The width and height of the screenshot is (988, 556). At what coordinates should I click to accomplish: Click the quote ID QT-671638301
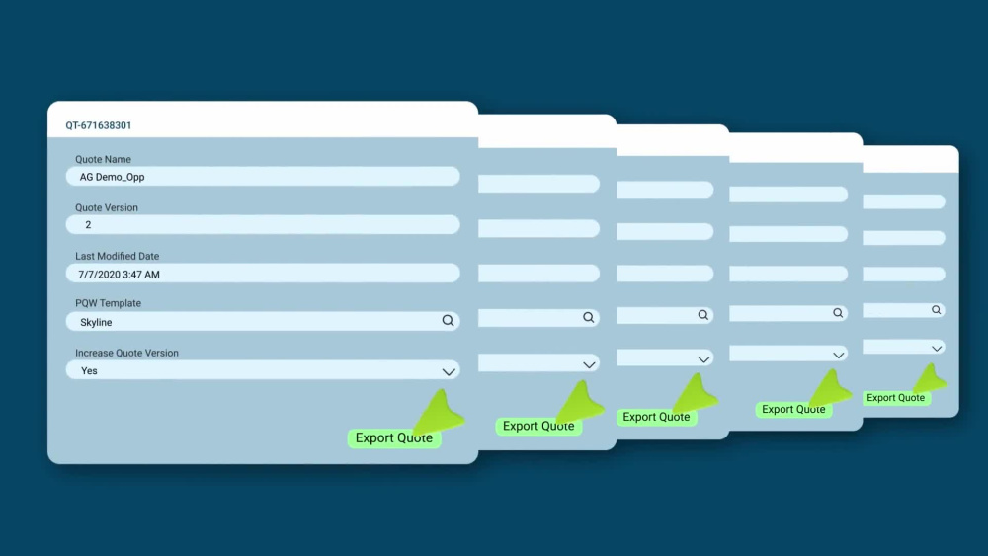pyautogui.click(x=98, y=125)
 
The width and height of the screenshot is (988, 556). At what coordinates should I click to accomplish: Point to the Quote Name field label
pyautogui.click(x=104, y=159)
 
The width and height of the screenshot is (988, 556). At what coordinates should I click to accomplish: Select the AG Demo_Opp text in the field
pyautogui.click(x=113, y=177)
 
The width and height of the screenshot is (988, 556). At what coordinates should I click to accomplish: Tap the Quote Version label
pyautogui.click(x=107, y=207)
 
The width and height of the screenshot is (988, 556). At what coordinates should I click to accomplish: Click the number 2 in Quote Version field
pyautogui.click(x=88, y=225)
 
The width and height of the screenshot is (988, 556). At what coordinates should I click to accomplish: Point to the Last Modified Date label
pyautogui.click(x=118, y=257)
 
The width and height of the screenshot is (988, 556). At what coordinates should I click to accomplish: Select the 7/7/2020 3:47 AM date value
pyautogui.click(x=120, y=275)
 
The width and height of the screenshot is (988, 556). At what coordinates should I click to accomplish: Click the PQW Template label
pyautogui.click(x=109, y=303)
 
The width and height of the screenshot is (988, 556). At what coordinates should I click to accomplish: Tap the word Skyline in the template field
pyautogui.click(x=96, y=322)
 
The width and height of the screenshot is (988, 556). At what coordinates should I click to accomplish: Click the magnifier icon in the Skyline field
pyautogui.click(x=448, y=321)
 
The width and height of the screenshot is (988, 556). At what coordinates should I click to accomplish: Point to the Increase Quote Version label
pyautogui.click(x=126, y=353)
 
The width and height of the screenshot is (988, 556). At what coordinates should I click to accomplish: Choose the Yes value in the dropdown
pyautogui.click(x=89, y=371)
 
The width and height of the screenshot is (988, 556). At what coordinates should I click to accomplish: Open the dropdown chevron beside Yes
pyautogui.click(x=449, y=372)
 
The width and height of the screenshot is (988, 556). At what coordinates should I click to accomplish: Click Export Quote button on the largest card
pyautogui.click(x=394, y=437)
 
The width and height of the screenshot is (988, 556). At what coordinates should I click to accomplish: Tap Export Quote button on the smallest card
pyautogui.click(x=896, y=397)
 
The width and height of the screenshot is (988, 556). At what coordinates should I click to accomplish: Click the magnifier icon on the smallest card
pyautogui.click(x=937, y=310)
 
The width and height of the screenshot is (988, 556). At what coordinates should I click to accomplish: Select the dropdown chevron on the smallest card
pyautogui.click(x=937, y=349)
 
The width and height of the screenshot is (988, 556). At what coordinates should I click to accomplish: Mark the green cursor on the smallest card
pyautogui.click(x=930, y=378)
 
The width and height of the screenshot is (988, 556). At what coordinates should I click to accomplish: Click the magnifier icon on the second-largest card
pyautogui.click(x=589, y=317)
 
